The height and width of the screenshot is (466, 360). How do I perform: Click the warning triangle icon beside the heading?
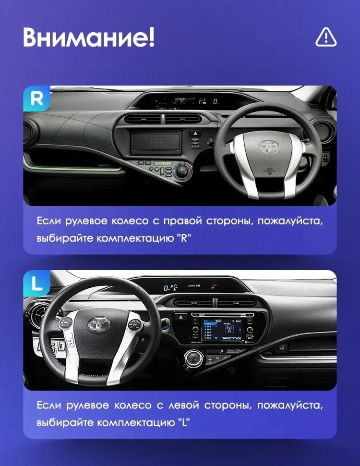[326, 37]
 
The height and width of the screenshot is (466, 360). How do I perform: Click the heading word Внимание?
[89, 37]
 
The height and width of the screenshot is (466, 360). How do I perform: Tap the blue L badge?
[37, 283]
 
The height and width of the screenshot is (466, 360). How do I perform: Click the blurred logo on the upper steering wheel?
[269, 147]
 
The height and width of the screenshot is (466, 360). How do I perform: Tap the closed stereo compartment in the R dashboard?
[156, 143]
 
